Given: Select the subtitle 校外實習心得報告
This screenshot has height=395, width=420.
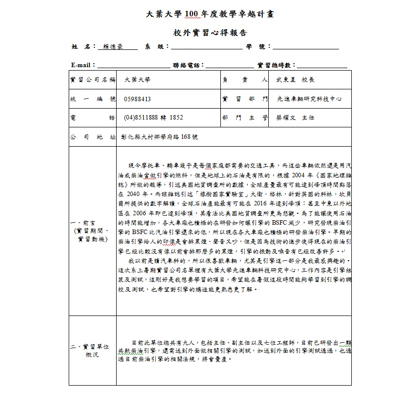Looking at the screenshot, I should point(210,33).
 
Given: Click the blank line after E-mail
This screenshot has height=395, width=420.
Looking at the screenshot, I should point(133,65).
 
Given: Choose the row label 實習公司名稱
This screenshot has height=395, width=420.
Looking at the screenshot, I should point(93,79).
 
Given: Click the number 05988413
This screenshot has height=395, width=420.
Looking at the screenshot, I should point(137,99).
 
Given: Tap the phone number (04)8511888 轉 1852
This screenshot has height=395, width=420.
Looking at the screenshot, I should point(153,118).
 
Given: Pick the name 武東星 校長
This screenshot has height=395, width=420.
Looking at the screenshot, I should point(294,79).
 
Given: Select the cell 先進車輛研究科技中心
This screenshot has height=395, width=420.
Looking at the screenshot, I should point(310,99).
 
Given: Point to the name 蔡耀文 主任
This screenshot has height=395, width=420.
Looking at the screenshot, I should point(295,118).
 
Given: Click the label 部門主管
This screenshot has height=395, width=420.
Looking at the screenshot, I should point(245,118).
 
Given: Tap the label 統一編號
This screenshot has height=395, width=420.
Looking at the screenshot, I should point(93,99).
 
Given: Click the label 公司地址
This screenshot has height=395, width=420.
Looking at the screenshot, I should point(93,137).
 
